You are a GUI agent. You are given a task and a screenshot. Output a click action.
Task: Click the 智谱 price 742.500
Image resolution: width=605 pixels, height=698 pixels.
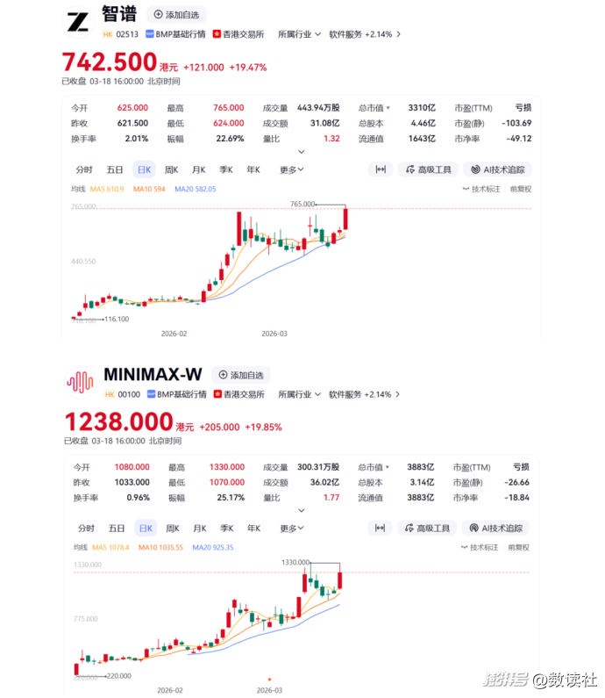108,62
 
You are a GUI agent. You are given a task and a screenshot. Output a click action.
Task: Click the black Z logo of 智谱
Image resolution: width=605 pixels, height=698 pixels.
78,22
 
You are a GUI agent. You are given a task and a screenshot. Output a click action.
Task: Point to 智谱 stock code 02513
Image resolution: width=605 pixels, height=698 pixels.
127,34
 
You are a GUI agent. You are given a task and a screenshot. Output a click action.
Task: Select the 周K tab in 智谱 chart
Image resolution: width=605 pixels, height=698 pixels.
171,169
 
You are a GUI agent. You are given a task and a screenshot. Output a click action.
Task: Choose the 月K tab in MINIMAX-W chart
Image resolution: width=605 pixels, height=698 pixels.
199,529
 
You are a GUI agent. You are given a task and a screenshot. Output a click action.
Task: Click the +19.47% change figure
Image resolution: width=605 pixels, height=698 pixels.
248,68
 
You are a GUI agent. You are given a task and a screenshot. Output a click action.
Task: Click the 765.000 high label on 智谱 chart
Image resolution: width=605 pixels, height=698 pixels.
302,204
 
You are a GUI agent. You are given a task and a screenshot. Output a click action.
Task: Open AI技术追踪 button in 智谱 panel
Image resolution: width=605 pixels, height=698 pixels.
497,169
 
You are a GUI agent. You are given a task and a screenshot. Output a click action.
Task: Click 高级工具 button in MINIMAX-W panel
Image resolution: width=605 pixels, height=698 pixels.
427,529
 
